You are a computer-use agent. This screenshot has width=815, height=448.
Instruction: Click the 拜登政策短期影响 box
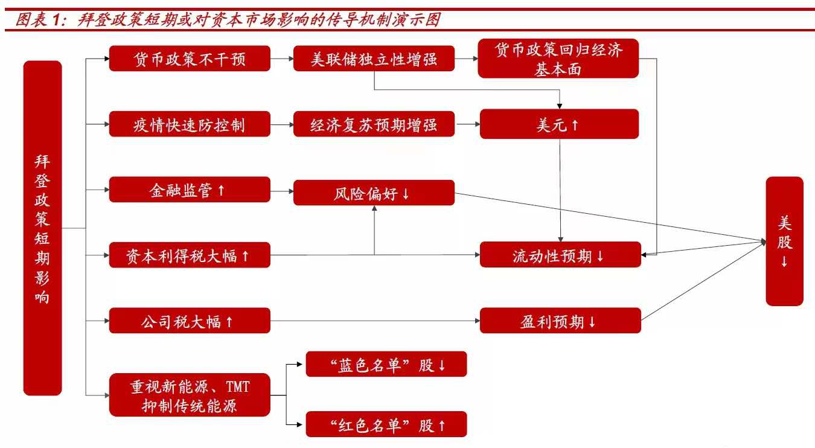pyautogui.click(x=42, y=228)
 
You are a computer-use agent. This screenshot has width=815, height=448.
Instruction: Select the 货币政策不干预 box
pyautogui.click(x=190, y=59)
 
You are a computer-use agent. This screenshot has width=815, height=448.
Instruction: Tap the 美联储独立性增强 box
pyautogui.click(x=374, y=59)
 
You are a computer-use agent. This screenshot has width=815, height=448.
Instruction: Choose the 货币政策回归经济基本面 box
pyautogui.click(x=558, y=59)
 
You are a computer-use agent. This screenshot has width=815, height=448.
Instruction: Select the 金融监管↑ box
pyautogui.click(x=190, y=190)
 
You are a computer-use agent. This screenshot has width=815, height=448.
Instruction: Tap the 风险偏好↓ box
pyautogui.click(x=374, y=193)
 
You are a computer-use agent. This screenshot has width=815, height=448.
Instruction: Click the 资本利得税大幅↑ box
pyautogui.click(x=190, y=255)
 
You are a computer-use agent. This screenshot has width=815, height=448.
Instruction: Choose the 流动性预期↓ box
pyautogui.click(x=560, y=255)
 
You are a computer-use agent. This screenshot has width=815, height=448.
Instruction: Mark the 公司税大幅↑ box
pyautogui.click(x=190, y=321)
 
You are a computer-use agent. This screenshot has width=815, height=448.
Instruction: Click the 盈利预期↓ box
pyautogui.click(x=560, y=321)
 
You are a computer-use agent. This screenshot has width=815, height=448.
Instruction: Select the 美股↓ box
pyautogui.click(x=784, y=242)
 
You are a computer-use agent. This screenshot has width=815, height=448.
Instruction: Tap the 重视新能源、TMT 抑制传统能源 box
pyautogui.click(x=190, y=395)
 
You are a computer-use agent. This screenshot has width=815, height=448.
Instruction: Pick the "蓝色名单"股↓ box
pyautogui.click(x=386, y=365)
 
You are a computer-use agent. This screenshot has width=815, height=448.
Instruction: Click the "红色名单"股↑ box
pyautogui.click(x=386, y=424)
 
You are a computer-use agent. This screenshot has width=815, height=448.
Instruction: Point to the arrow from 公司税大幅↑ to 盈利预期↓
pyautogui.click(x=374, y=321)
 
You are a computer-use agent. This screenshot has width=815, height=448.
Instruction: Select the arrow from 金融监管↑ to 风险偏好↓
pyautogui.click(x=282, y=191)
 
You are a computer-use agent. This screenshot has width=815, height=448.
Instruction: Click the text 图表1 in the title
pyautogui.click(x=37, y=20)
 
